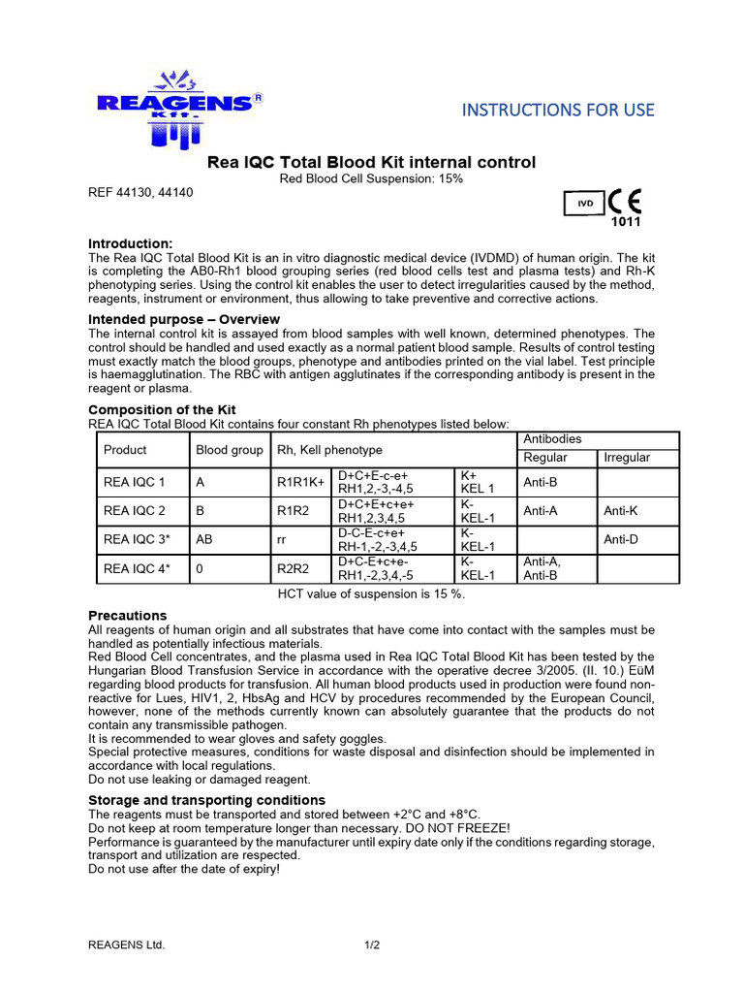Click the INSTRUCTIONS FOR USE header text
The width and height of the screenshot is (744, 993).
pos(558,110)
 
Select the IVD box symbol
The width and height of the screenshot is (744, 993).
pos(584,205)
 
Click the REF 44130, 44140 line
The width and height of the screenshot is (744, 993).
pos(140,192)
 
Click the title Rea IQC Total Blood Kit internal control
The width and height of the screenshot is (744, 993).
pos(372,162)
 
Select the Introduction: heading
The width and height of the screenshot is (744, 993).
pos(131,243)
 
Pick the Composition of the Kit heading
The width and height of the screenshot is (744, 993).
pos(162,410)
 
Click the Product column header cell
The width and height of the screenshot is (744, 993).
pos(125,450)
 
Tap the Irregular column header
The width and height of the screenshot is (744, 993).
pos(627,458)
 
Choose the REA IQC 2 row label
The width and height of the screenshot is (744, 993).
pos(135,510)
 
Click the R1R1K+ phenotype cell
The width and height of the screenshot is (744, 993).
pos(301,482)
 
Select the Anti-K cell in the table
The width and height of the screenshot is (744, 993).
pos(623,510)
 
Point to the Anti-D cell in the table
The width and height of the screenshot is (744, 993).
pos(623,539)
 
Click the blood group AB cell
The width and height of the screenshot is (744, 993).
pos(205,539)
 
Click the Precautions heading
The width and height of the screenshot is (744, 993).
pos(127,616)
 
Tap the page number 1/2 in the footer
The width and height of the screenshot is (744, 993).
pos(373,945)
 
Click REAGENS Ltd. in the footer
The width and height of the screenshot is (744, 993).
pos(127,945)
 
